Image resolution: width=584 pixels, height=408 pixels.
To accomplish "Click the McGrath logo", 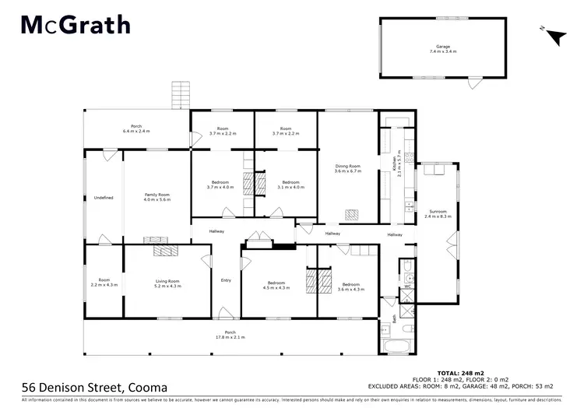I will click(75, 25).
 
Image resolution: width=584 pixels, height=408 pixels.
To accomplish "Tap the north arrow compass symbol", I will click(554, 34).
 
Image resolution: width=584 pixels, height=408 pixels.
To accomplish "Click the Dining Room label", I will click(348, 168).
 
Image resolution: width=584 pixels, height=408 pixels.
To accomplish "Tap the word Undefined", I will click(104, 198).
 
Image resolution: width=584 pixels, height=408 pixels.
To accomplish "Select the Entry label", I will click(226, 280).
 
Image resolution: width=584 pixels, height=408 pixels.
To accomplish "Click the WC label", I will click(407, 287).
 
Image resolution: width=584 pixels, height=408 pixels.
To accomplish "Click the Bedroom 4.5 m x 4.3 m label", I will click(279, 286).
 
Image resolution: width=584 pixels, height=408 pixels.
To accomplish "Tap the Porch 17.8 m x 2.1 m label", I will click(225, 336).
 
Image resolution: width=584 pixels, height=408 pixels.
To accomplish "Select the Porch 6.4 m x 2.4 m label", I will click(136, 129).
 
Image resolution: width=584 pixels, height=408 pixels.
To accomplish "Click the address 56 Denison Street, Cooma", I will click(93, 387).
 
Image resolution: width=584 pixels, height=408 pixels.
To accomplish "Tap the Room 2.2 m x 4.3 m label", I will click(104, 282).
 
